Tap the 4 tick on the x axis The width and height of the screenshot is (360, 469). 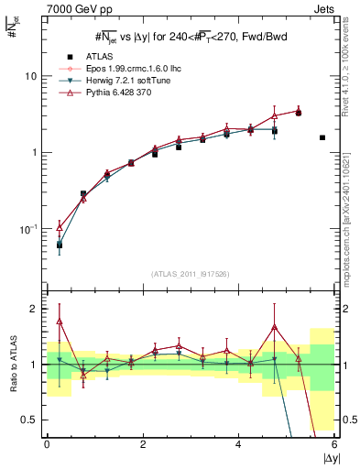[x=238, y=445]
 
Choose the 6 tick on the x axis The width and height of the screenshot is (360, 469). [x=334, y=445]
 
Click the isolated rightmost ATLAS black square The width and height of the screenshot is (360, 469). [x=322, y=137]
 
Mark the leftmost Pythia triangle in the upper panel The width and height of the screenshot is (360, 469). [x=60, y=225]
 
